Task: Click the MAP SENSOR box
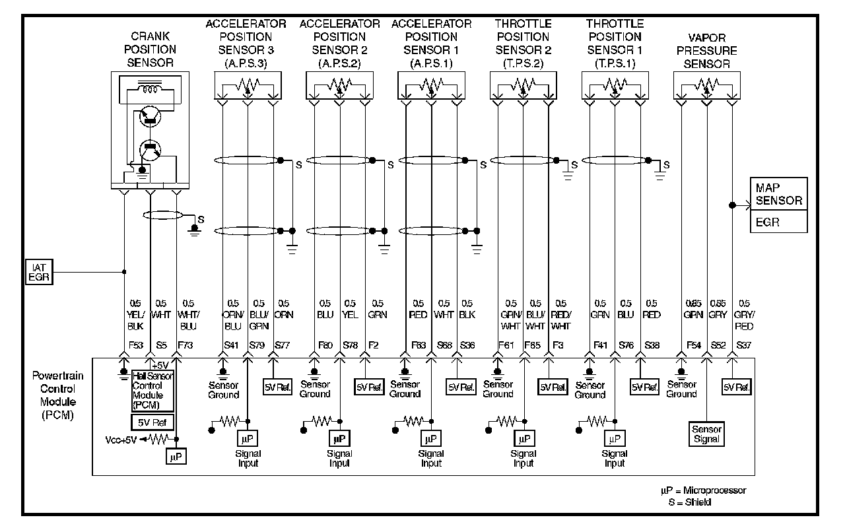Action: click(x=778, y=194)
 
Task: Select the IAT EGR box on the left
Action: click(x=38, y=271)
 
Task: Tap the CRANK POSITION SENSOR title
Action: click(x=152, y=50)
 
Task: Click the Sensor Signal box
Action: click(x=706, y=434)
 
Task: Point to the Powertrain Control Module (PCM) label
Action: click(x=53, y=396)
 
